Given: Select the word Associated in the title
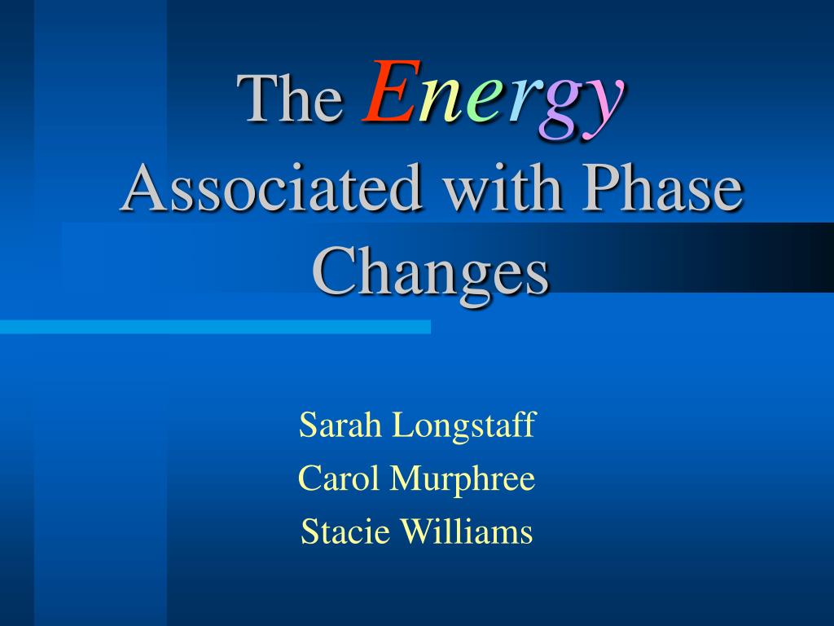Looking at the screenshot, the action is click(271, 187).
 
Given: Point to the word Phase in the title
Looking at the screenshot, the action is click(662, 187).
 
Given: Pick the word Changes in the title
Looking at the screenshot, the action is click(430, 273).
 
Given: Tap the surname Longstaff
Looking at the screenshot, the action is click(463, 425).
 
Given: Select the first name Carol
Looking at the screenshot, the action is click(339, 478).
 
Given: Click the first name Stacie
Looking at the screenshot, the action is click(345, 531).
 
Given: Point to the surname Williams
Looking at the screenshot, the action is click(466, 531).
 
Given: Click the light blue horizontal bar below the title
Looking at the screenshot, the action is click(215, 327).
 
